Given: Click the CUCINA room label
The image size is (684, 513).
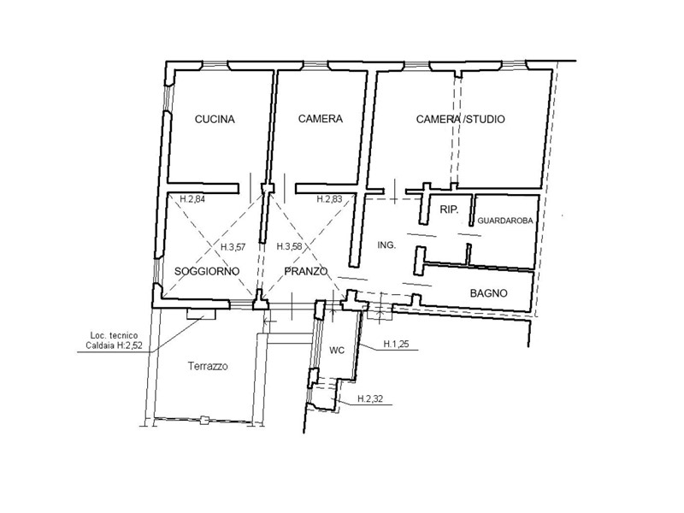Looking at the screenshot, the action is click(x=215, y=119).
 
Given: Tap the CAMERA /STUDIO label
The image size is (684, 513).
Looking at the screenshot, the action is click(x=460, y=119).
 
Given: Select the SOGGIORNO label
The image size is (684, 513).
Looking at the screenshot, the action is click(x=207, y=271).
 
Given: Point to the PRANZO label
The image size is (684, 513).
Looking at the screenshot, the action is click(x=306, y=271).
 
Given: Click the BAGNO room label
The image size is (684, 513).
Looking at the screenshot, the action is click(x=488, y=293).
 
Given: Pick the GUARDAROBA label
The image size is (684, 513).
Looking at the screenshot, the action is click(x=505, y=221).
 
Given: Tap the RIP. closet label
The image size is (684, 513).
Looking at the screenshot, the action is click(x=449, y=209).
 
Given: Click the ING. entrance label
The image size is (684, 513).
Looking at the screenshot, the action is click(x=386, y=245).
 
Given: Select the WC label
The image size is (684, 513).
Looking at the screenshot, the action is click(x=337, y=351).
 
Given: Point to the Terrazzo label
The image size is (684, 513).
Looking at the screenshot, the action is click(x=208, y=366).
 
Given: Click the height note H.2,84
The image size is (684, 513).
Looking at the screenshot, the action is click(x=192, y=199).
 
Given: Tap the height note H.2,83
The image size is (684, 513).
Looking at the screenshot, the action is click(x=329, y=199).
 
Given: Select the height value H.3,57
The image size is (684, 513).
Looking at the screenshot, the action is click(x=233, y=247).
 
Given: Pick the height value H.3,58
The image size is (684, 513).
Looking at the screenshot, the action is click(x=289, y=246).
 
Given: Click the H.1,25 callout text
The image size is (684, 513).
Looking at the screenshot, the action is click(x=396, y=345).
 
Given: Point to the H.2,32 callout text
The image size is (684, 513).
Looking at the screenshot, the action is click(x=370, y=398).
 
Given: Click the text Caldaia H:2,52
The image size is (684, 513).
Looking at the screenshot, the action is click(x=114, y=346).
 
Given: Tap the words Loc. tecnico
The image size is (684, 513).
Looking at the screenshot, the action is click(x=114, y=335).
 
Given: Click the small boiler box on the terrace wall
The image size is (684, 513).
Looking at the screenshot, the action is click(x=201, y=314).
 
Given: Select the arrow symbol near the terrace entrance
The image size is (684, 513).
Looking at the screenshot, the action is click(x=270, y=321).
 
